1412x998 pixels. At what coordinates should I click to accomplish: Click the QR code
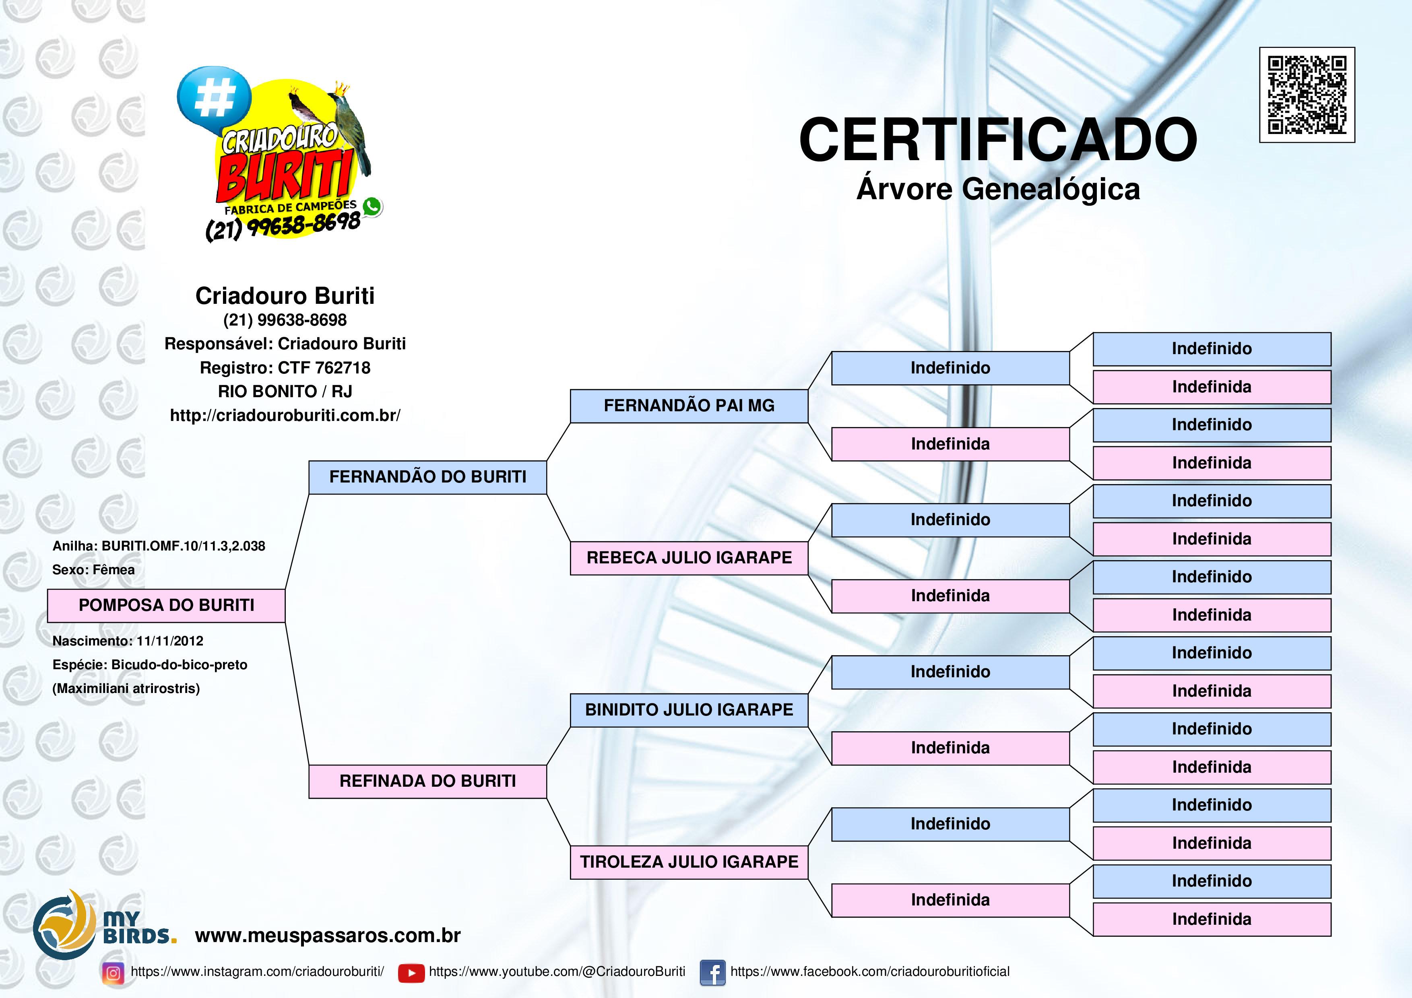click(x=1307, y=95)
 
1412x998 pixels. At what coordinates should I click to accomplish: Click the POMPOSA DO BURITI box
click(x=166, y=606)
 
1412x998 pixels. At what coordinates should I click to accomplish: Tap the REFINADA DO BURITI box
click(x=427, y=781)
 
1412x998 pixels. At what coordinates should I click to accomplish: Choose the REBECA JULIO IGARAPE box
click(x=689, y=558)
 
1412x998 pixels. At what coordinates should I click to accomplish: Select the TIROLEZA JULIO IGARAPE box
click(x=689, y=862)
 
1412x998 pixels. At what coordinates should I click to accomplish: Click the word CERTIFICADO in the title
click(x=997, y=140)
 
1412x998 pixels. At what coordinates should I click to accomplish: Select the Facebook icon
click(x=713, y=973)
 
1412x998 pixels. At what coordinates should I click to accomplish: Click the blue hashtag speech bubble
click(x=214, y=98)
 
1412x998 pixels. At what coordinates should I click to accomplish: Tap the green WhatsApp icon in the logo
click(x=372, y=206)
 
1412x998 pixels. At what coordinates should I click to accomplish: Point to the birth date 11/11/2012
click(x=170, y=641)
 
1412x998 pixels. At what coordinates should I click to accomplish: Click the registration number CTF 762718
click(x=324, y=368)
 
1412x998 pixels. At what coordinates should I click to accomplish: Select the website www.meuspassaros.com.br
click(x=328, y=935)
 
